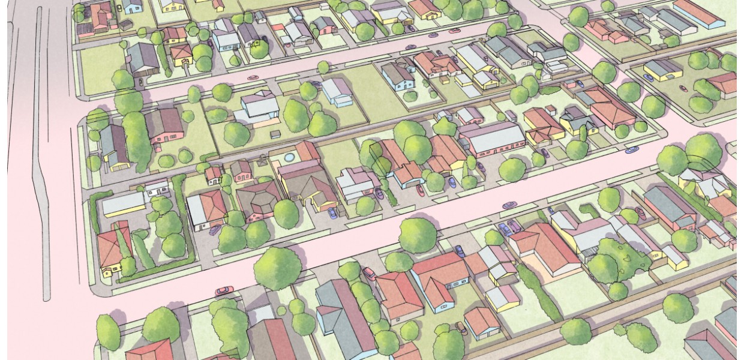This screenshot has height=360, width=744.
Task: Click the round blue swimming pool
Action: [x=289, y=157]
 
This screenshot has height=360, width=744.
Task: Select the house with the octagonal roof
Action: [x=259, y=197]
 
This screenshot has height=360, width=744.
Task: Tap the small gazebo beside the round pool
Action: [x=262, y=160]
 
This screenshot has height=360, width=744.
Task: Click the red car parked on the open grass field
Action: [x=683, y=88]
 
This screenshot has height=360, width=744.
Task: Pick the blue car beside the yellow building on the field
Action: [x=649, y=77]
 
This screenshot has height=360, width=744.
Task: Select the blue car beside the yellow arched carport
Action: [x=331, y=212]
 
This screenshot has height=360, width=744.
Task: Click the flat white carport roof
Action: [x=124, y=205]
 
